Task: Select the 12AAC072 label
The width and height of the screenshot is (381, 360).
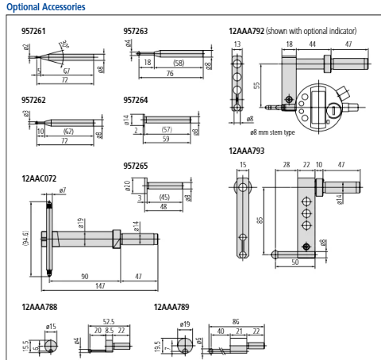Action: (x=40, y=180)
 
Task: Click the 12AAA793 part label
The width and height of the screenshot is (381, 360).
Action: (x=247, y=150)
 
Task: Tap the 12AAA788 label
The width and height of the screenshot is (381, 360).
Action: (x=40, y=306)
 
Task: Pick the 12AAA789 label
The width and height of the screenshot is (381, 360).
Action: (x=171, y=306)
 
